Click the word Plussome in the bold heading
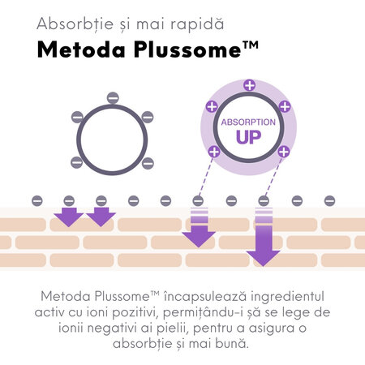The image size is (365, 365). (187, 49)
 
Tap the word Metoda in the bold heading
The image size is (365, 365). (81, 49)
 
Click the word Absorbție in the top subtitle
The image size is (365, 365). (75, 24)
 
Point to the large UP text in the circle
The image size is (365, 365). (248, 137)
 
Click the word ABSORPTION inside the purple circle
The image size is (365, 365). (248, 122)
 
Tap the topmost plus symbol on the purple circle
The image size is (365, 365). (249, 85)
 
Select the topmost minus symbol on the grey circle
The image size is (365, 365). (113, 97)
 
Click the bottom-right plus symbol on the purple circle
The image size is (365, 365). (284, 152)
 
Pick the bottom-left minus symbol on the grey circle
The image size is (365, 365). (76, 162)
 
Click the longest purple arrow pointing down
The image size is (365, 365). (263, 237)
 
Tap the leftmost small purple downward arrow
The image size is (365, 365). (69, 217)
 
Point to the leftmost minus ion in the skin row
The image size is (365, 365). (37, 201)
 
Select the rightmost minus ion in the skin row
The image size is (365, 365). (329, 201)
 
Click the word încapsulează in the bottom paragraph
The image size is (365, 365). (205, 297)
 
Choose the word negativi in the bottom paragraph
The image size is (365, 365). (111, 328)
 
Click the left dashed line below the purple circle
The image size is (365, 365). (206, 177)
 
